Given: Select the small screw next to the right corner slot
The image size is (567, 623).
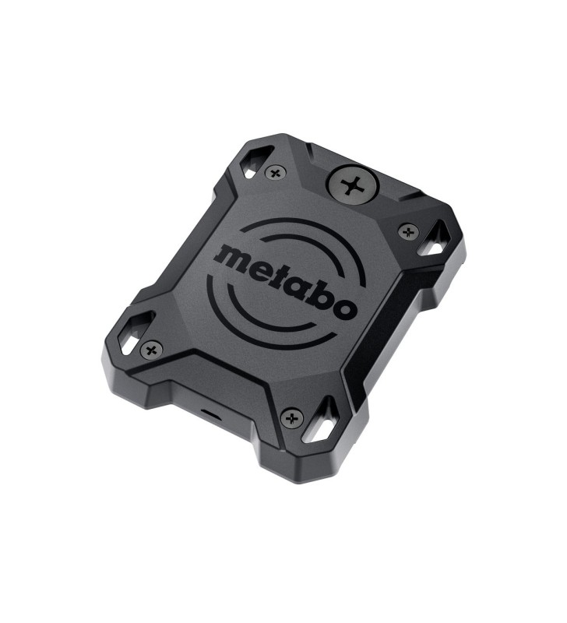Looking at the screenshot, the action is [x=408, y=231].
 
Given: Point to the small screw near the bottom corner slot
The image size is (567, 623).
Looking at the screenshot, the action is [x=292, y=418].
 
